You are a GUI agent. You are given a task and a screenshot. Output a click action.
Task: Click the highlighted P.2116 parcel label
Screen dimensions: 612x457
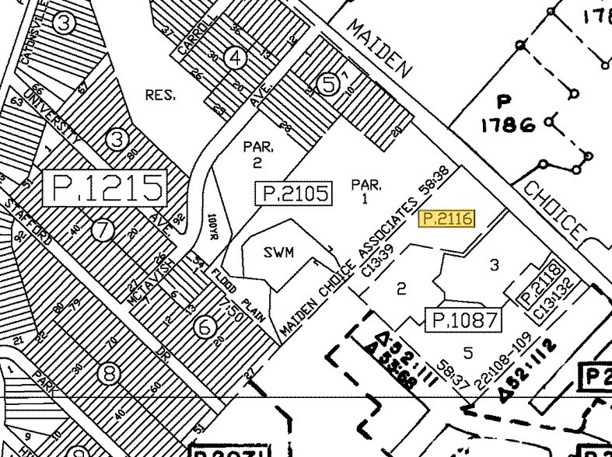click(446, 219)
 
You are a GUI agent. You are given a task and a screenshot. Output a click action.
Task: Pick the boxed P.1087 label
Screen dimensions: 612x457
click(463, 319)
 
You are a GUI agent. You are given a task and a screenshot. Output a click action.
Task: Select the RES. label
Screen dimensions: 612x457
click(160, 95)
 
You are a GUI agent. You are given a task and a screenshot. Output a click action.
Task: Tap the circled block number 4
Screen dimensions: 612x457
click(236, 58)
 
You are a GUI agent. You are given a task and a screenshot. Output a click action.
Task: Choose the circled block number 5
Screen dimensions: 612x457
click(330, 84)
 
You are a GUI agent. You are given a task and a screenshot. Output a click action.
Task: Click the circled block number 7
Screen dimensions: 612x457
click(101, 230)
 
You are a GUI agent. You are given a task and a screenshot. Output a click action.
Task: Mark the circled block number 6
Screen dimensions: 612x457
click(205, 327)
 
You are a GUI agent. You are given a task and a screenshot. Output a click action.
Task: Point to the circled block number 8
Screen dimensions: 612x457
click(109, 374)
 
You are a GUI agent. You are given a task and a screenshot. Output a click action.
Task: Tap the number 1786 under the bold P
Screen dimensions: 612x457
click(509, 124)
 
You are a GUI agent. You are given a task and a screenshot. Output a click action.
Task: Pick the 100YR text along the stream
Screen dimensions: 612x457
click(213, 229)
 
